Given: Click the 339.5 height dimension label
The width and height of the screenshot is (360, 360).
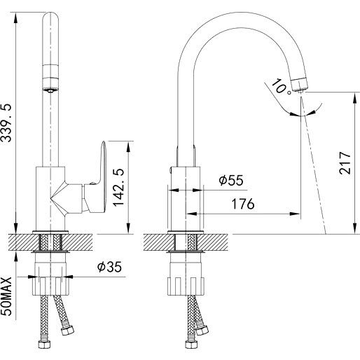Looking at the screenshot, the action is pyautogui.click(x=6, y=123).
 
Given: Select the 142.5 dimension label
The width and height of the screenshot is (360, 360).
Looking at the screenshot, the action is pyautogui.click(x=118, y=187).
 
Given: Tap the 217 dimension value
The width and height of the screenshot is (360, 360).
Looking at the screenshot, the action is pyautogui.click(x=345, y=162).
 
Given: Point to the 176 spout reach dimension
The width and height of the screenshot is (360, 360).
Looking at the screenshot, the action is pyautogui.click(x=243, y=204).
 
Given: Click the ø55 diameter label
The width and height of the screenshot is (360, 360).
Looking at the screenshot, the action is pyautogui.click(x=231, y=180).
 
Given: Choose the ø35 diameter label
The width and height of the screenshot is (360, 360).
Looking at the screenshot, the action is pyautogui.click(x=109, y=267).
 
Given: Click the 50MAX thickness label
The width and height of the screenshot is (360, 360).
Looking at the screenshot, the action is pyautogui.click(x=6, y=296).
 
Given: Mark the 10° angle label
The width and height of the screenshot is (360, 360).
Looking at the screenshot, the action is pyautogui.click(x=282, y=87).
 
